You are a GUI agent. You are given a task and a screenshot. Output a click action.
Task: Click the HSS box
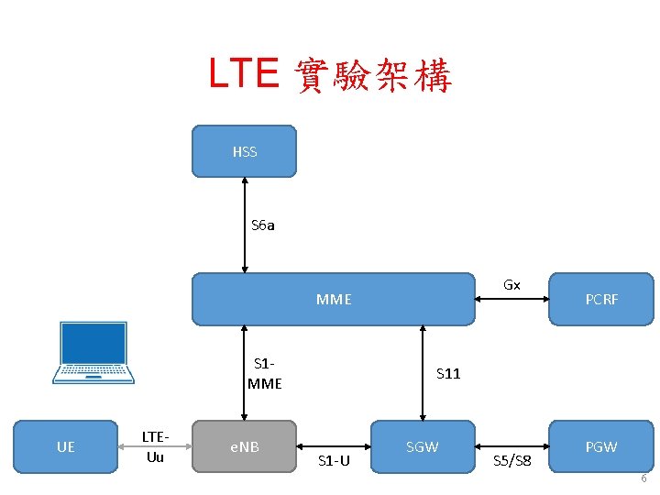pyautogui.click(x=244, y=151)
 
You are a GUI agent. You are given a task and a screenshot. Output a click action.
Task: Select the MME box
pyautogui.click(x=334, y=299)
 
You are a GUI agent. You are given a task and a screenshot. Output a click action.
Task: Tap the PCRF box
pyautogui.click(x=601, y=299)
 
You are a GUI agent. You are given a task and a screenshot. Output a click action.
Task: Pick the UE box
pyautogui.click(x=65, y=446)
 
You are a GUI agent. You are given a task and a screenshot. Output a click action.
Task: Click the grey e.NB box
pyautogui.click(x=244, y=446)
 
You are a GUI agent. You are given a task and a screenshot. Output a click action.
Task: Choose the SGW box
pyautogui.click(x=422, y=446)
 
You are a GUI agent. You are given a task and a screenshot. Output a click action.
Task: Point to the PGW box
pyautogui.click(x=601, y=446)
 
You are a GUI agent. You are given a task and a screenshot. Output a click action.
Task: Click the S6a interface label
pyautogui.click(x=263, y=225)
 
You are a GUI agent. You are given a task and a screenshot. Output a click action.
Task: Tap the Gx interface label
pyautogui.click(x=511, y=285)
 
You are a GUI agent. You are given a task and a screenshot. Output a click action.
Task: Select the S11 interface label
pyautogui.click(x=448, y=373)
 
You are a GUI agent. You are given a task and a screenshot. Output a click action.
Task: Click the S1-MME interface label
pyautogui.click(x=264, y=374)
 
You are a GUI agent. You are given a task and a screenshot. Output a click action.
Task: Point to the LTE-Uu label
pyautogui.click(x=155, y=446)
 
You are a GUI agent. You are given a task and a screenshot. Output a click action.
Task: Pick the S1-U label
pyautogui.click(x=334, y=460)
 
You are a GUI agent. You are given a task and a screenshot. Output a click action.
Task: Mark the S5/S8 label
pyautogui.click(x=511, y=460)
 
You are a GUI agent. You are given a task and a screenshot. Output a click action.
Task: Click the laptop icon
pyautogui.click(x=93, y=352)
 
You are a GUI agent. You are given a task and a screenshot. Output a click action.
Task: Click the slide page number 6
pyautogui.click(x=643, y=479)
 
